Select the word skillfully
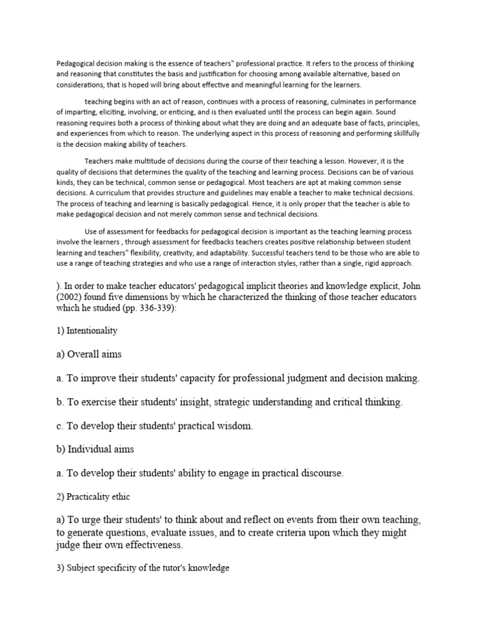[402, 134]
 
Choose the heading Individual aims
[102, 449]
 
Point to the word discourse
[317, 473]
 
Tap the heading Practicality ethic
[99, 496]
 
